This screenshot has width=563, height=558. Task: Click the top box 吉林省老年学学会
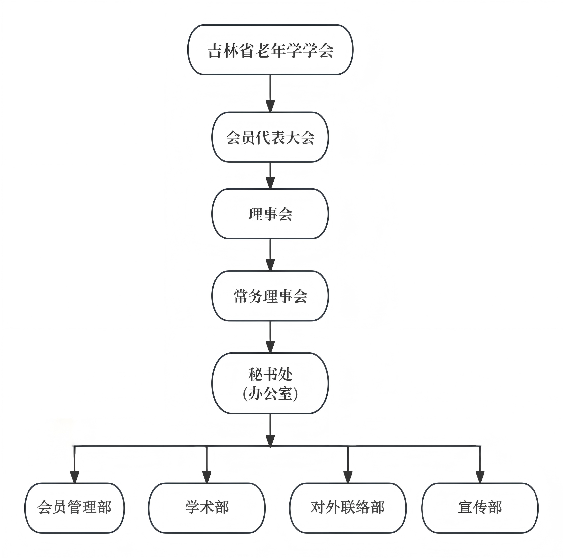click(270, 50)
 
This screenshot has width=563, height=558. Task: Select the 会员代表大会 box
click(270, 137)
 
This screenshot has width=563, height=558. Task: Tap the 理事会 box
click(270, 214)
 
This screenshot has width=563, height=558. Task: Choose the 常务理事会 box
click(270, 296)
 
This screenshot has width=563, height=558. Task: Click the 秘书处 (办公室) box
click(270, 383)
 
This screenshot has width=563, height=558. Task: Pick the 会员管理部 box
click(75, 508)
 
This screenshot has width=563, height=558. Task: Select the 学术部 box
click(207, 508)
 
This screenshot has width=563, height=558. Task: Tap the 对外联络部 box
click(348, 508)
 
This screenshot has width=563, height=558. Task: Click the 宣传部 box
click(480, 508)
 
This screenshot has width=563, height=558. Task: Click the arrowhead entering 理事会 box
click(270, 183)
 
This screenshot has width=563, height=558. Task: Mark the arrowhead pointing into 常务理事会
click(270, 265)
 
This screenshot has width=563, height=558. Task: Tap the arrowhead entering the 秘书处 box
click(270, 346)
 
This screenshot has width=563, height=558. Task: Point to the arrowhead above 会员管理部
click(75, 477)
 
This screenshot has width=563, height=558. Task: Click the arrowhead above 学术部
click(207, 477)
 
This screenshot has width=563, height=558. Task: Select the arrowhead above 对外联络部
click(348, 477)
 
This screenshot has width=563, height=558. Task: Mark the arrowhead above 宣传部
click(480, 477)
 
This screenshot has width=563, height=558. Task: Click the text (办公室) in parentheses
click(270, 394)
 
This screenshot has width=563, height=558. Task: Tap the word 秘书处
click(270, 374)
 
